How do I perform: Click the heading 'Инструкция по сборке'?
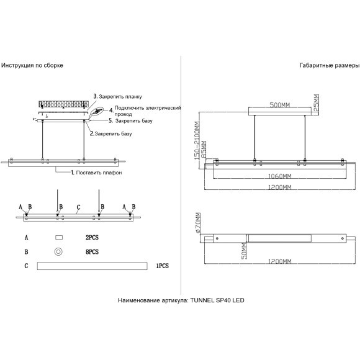tap(32, 65)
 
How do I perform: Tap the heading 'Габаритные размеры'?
tap(330, 65)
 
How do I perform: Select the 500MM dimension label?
tap(280, 105)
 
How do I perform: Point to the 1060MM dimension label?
tap(280, 176)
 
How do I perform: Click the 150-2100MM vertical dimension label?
tap(197, 140)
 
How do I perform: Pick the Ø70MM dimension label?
tap(198, 223)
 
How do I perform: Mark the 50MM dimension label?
tap(244, 251)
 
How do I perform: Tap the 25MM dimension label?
tap(316, 102)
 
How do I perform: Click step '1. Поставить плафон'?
tap(96, 173)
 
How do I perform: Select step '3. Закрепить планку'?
tap(117, 96)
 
